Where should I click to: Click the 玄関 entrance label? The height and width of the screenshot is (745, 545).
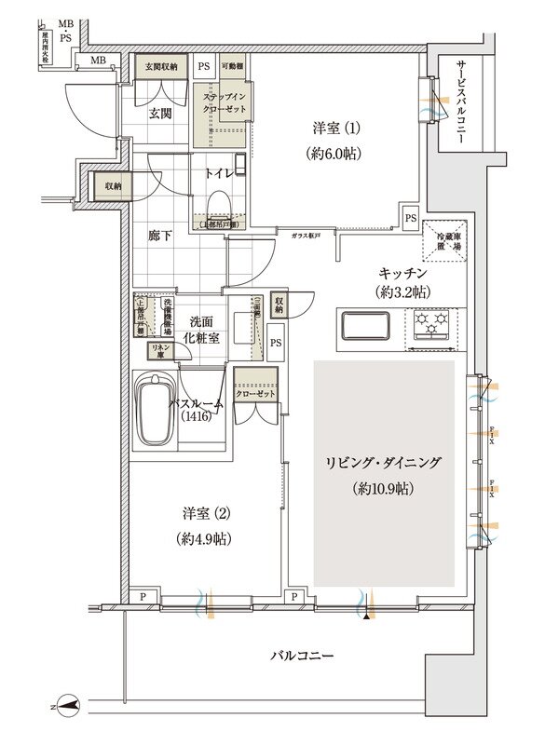tap(159, 115)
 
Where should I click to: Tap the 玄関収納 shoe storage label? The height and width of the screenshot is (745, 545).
tap(160, 67)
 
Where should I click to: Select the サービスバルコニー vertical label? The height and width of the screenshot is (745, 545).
tap(463, 98)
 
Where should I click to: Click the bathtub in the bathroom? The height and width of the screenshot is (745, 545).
tap(156, 410)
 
